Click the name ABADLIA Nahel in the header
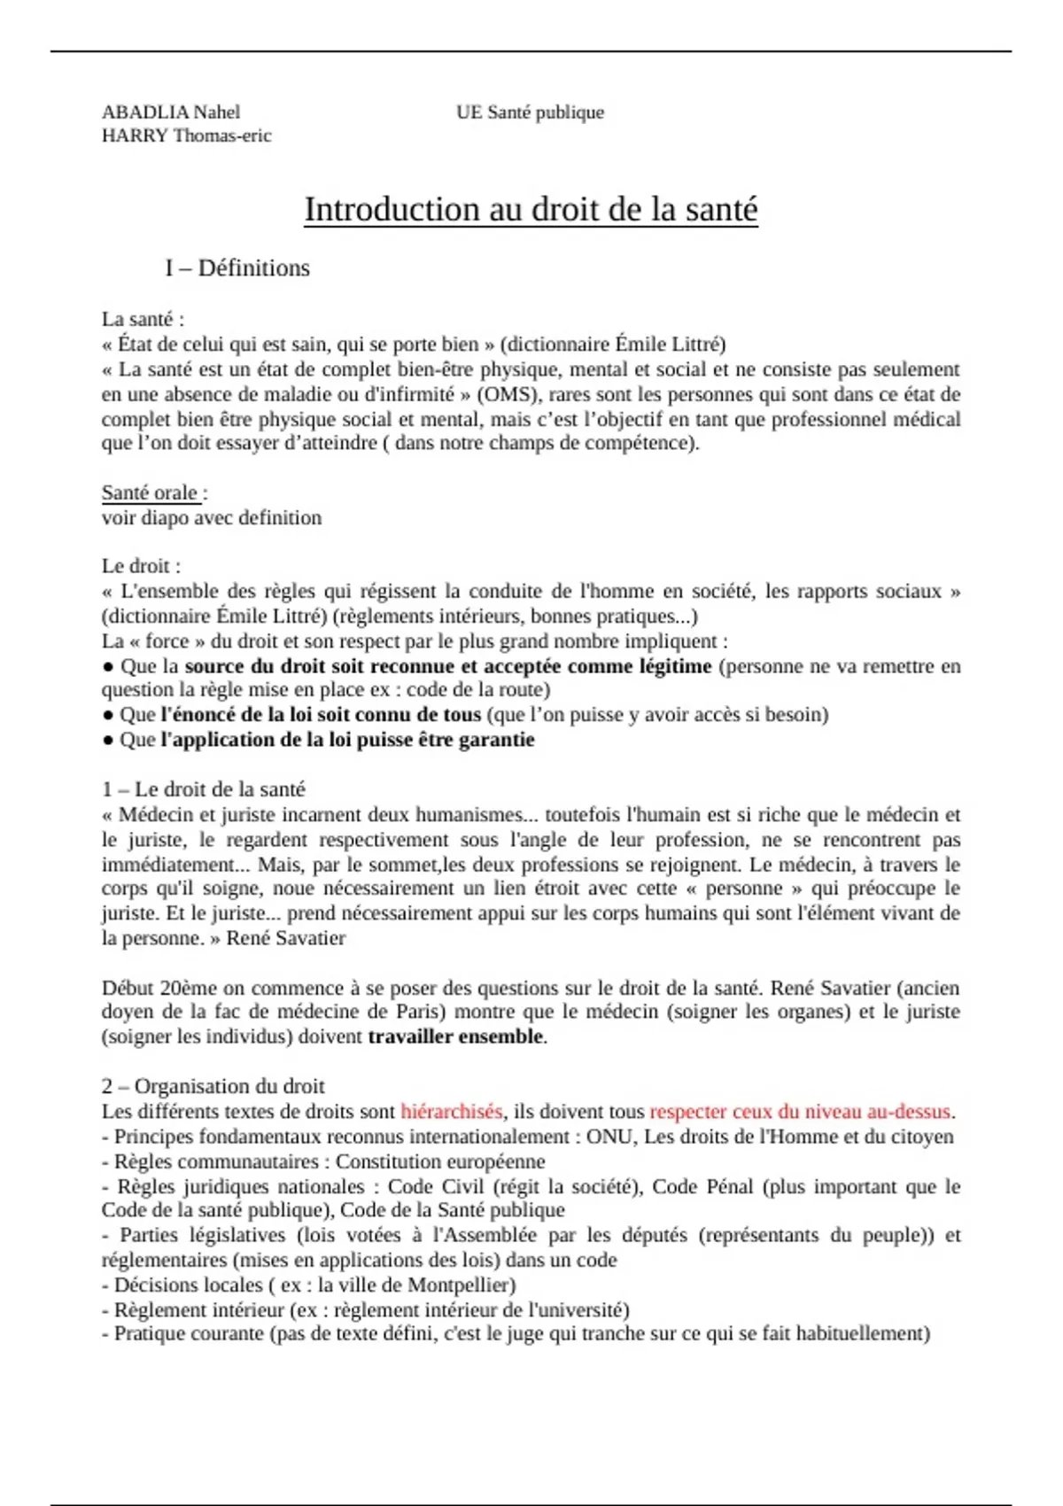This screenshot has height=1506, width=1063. click(x=170, y=112)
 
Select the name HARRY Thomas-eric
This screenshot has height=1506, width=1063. click(x=186, y=136)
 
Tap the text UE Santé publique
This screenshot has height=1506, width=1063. click(x=530, y=112)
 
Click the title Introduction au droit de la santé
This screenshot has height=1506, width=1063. click(x=531, y=210)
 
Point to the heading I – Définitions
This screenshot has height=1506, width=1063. click(x=237, y=268)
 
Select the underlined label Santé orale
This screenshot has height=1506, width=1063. click(x=150, y=493)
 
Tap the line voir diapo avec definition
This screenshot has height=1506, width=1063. click(x=211, y=517)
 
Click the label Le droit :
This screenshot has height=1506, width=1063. click(x=141, y=565)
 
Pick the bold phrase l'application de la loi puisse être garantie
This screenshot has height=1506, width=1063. click(x=347, y=740)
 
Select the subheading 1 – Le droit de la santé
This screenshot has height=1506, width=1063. click(x=203, y=789)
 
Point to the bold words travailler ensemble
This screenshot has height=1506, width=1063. click(x=455, y=1036)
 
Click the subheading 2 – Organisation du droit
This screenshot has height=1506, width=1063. click(x=213, y=1086)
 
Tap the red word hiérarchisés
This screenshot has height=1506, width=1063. click(x=452, y=1111)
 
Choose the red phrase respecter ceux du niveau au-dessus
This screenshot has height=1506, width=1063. click(x=800, y=1111)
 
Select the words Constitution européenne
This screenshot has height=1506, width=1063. click(x=440, y=1161)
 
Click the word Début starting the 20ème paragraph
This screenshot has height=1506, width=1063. click(x=128, y=988)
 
